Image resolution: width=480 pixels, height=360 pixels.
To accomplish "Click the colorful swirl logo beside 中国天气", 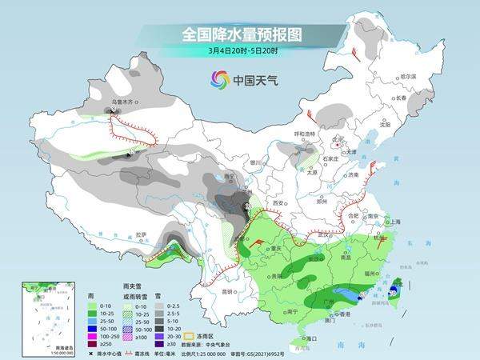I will tap(218, 79).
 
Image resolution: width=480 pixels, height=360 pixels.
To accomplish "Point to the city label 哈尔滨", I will tap(408, 76).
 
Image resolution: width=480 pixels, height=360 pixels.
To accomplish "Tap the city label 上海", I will tap(393, 222).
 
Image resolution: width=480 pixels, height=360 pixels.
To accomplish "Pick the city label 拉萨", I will tap(142, 234).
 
